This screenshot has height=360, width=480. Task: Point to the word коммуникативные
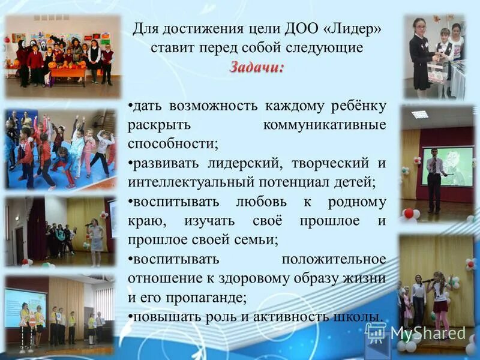pyautogui.click(x=324, y=125)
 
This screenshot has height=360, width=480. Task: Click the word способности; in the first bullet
pyautogui.click(x=173, y=144)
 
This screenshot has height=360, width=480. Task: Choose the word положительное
pyautogui.click(x=334, y=259)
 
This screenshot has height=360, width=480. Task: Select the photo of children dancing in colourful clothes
pyautogui.click(x=61, y=149)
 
